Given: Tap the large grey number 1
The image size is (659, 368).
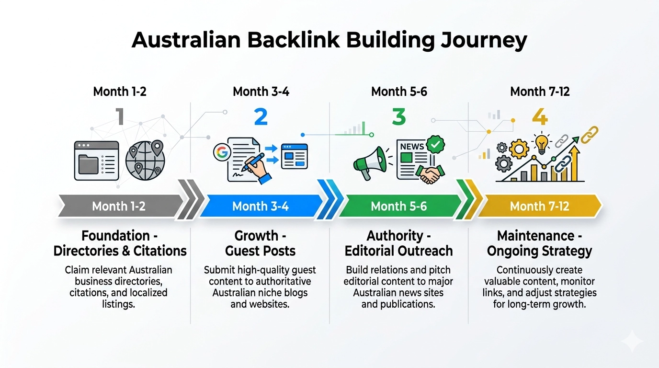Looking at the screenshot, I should (119, 117).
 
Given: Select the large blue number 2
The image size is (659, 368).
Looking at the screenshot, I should (261, 117).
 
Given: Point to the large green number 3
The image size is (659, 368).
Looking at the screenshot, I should (398, 117).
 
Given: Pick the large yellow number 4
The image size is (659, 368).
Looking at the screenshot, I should (540, 117).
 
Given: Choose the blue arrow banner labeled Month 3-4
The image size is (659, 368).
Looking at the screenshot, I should (261, 207).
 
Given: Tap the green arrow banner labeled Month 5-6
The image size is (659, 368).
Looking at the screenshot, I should (398, 207).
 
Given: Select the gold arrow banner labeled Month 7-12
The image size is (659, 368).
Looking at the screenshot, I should (540, 207).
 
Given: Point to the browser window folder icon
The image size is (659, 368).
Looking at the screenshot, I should (96, 161).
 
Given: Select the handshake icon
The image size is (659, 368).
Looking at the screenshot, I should (430, 174).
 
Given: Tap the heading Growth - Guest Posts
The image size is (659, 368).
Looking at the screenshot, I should (261, 243).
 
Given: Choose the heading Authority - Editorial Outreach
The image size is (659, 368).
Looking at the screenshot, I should (398, 243).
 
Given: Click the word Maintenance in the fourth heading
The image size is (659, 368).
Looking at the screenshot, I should (529, 236).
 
